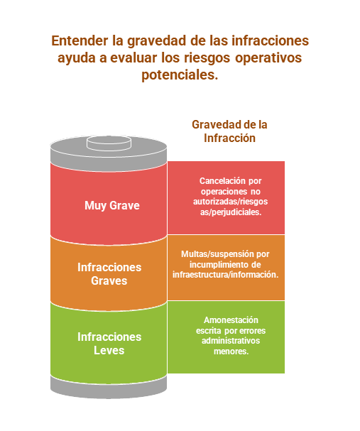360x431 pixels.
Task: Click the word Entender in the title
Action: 80,40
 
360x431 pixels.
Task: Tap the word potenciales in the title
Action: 179,75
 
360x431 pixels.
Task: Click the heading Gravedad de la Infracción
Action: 229,131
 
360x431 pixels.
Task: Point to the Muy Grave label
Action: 112,206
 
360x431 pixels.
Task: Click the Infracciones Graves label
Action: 109,274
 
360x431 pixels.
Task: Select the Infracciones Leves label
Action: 109,344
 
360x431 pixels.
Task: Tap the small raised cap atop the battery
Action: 109,143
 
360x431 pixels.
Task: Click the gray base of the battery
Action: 109,388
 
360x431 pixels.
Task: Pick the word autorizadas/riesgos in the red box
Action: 230,202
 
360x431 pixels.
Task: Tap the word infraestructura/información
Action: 226,275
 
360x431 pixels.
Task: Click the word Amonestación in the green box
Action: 231,320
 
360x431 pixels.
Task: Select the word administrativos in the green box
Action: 231,341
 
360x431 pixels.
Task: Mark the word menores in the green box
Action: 230,351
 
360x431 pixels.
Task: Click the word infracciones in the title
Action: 271,40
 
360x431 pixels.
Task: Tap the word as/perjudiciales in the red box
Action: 231,212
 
